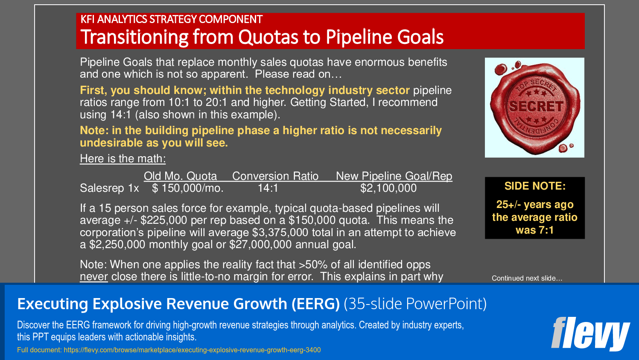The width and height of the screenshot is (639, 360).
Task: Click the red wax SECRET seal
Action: coord(534,107)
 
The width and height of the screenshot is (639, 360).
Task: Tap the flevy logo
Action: coord(590,334)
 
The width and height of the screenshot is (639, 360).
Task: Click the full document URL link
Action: coord(192,350)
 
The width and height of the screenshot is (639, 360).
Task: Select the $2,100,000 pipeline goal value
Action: coord(388,188)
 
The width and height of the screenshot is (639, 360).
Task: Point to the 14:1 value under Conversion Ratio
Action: coord(268,188)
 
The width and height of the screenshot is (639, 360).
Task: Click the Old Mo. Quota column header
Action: coord(180,176)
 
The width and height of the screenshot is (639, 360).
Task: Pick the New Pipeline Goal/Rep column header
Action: coord(394,176)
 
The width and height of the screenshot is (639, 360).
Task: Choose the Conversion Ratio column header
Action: coord(275,176)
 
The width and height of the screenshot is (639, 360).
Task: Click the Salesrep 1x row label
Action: coord(109,188)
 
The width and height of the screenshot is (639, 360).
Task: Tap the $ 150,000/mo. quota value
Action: coord(188,188)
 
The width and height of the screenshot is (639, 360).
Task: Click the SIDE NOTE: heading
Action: coord(535,186)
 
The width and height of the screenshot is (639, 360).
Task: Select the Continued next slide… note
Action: coord(527,278)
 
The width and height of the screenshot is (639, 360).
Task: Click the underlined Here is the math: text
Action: coord(123,159)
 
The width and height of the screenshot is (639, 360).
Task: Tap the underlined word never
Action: coord(93,277)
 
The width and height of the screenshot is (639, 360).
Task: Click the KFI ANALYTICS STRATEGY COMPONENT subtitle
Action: coord(171,20)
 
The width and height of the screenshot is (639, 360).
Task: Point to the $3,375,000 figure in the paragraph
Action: coord(280,233)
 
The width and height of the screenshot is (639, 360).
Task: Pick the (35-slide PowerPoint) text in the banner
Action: coord(415,304)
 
